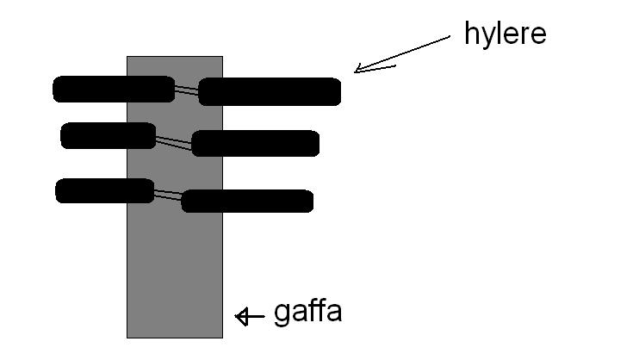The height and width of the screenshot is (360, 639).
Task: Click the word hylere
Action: [x=505, y=34]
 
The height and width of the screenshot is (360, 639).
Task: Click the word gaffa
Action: [x=308, y=313]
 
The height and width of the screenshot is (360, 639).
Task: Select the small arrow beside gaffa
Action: [x=250, y=316]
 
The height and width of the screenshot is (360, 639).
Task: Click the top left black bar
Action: [x=114, y=89]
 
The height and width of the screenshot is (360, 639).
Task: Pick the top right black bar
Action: [x=270, y=92]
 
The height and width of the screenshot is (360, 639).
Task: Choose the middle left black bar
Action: [x=108, y=135]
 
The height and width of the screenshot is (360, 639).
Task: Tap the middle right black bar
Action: [x=255, y=143]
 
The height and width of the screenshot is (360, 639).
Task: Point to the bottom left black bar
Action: [x=105, y=191]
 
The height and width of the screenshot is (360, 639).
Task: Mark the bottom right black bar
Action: [x=247, y=201]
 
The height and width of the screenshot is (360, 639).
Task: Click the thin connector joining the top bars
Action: [x=187, y=90]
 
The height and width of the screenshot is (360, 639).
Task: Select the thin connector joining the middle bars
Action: [x=174, y=143]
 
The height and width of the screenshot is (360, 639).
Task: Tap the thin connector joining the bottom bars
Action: [x=168, y=195]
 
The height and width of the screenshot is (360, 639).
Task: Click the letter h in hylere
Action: [x=471, y=33]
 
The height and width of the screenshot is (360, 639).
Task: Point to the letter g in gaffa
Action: [x=281, y=315]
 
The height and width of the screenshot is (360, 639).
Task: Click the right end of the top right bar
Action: [x=341, y=92]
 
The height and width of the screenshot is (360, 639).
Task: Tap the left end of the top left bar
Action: [x=53, y=89]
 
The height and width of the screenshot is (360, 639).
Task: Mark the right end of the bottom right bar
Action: [x=313, y=201]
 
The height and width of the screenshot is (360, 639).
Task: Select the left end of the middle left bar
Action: [x=61, y=135]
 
